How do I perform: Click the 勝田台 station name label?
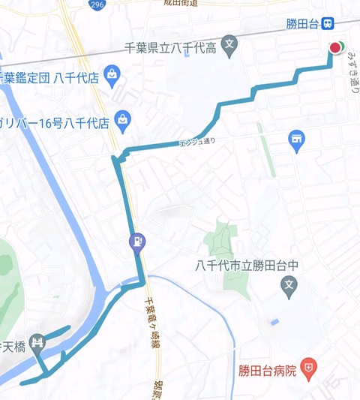pos(303,24)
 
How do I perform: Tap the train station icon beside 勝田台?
pos(328,24)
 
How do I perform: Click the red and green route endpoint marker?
pos(335,48)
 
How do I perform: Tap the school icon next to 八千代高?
pos(230,44)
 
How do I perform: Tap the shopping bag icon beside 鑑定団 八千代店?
pos(112,74)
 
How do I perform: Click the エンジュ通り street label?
pos(198,140)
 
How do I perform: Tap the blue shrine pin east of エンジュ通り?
pos(297,140)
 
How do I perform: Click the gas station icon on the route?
pos(136,242)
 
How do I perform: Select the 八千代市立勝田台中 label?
pos(247,264)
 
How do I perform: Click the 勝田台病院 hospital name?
pos(266,369)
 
